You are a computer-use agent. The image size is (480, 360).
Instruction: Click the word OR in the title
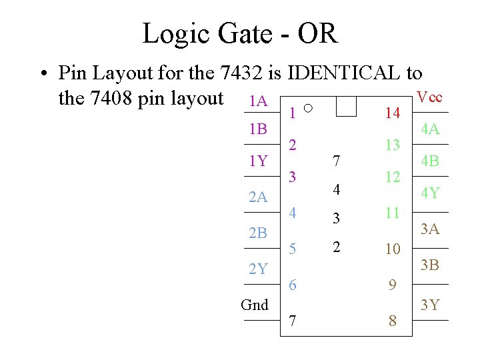tap(317, 33)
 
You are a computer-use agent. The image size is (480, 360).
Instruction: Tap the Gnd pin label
tap(255, 305)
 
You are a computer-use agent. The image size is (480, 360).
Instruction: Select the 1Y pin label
tap(257, 161)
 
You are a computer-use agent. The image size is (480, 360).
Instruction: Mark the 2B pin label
tap(257, 233)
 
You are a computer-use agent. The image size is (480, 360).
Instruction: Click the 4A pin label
tap(429, 129)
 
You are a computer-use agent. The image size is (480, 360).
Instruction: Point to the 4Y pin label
tap(429, 194)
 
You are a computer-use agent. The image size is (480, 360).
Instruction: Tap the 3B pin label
tap(429, 266)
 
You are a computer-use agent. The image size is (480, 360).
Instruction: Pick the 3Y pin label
tap(429, 305)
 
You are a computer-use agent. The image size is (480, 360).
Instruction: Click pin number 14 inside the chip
tap(393, 113)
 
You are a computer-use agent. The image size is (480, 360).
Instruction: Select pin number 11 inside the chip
tap(393, 213)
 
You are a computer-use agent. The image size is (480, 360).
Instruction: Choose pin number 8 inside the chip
tap(393, 321)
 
